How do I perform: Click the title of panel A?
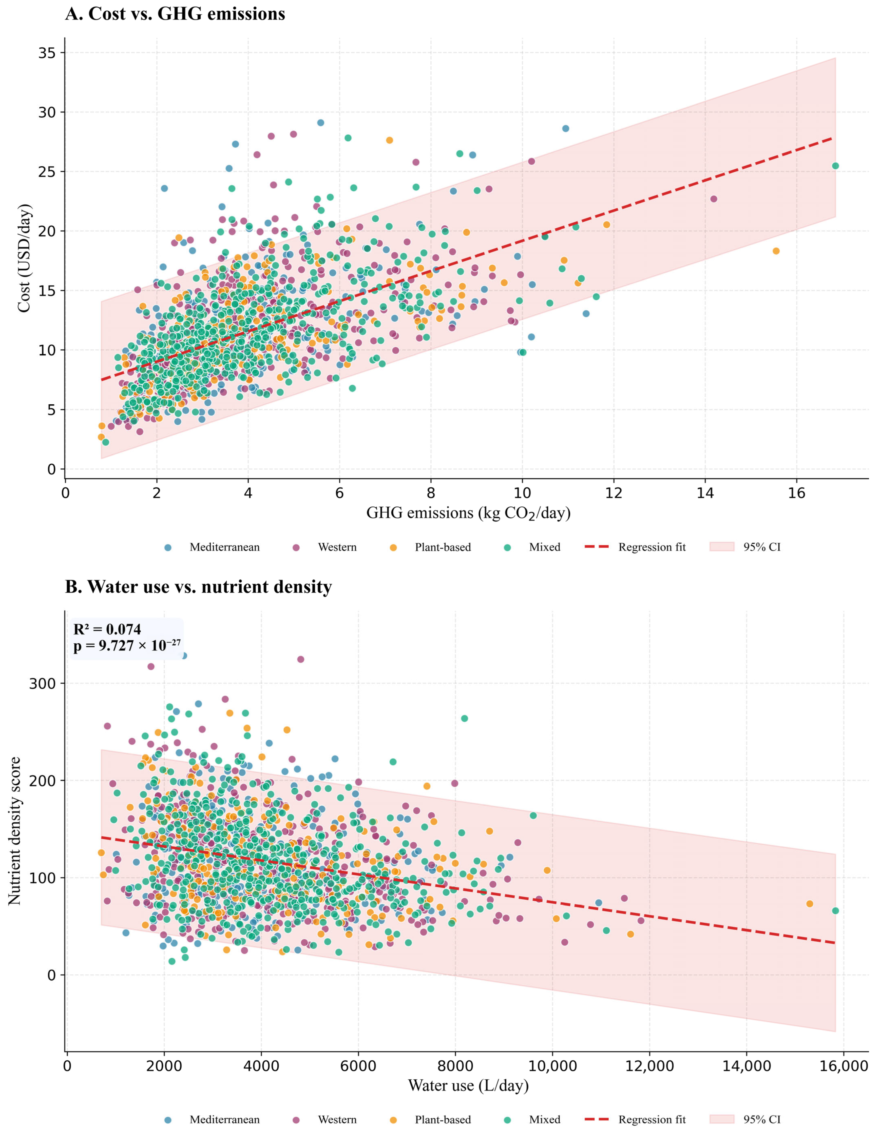(175, 13)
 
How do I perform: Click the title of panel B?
(198, 587)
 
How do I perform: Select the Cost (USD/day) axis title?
(24, 258)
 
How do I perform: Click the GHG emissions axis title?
(468, 513)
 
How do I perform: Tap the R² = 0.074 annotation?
(107, 629)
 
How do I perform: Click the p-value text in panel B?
(127, 646)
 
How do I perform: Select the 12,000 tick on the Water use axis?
(649, 1066)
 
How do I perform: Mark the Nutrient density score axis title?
(14, 831)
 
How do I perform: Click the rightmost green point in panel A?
(835, 166)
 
